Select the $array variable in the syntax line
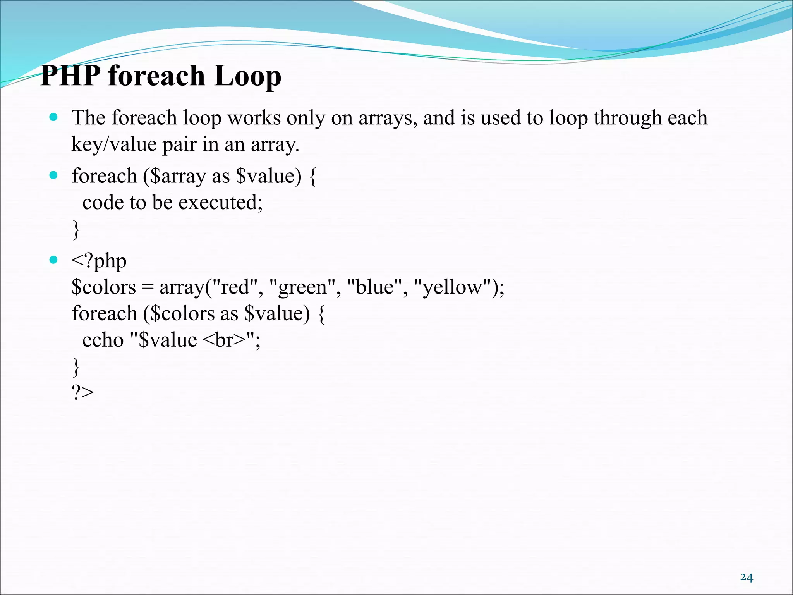tap(178, 177)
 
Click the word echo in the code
tap(103, 340)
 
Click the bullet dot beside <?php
tap(53, 260)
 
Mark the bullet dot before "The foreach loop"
tap(53, 117)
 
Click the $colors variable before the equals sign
tap(104, 287)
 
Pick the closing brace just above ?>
tap(76, 367)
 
